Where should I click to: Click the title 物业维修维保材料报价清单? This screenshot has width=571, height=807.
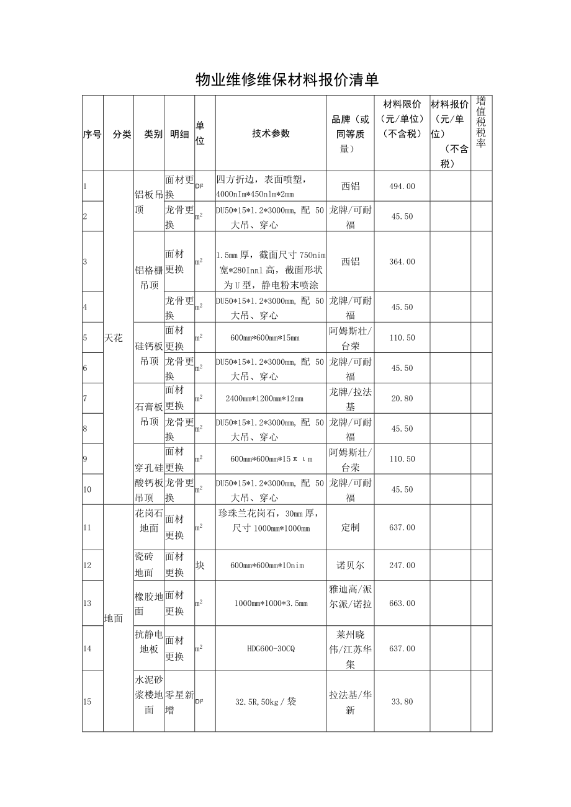[287, 79]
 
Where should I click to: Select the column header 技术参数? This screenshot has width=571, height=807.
[271, 133]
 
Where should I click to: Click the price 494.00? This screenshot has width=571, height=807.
[402, 186]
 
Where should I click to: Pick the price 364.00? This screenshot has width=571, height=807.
[402, 262]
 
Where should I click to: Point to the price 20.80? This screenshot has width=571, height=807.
[402, 398]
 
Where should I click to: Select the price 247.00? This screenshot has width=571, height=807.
[402, 565]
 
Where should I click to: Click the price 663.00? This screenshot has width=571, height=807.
[402, 603]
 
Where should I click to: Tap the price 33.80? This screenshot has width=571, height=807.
[402, 702]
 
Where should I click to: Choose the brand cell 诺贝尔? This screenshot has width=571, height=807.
[350, 565]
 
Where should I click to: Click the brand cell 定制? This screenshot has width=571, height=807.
[350, 527]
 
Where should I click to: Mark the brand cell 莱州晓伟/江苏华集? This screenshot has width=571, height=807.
[350, 648]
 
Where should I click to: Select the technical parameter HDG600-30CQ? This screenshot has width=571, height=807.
[271, 648]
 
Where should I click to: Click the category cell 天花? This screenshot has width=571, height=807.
[114, 338]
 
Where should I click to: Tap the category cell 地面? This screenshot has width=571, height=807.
[114, 618]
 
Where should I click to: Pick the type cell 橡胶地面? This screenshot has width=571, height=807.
[148, 603]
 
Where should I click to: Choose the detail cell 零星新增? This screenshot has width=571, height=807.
[179, 702]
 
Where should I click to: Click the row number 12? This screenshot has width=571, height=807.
[87, 566]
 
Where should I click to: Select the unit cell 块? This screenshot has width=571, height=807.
[200, 565]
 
